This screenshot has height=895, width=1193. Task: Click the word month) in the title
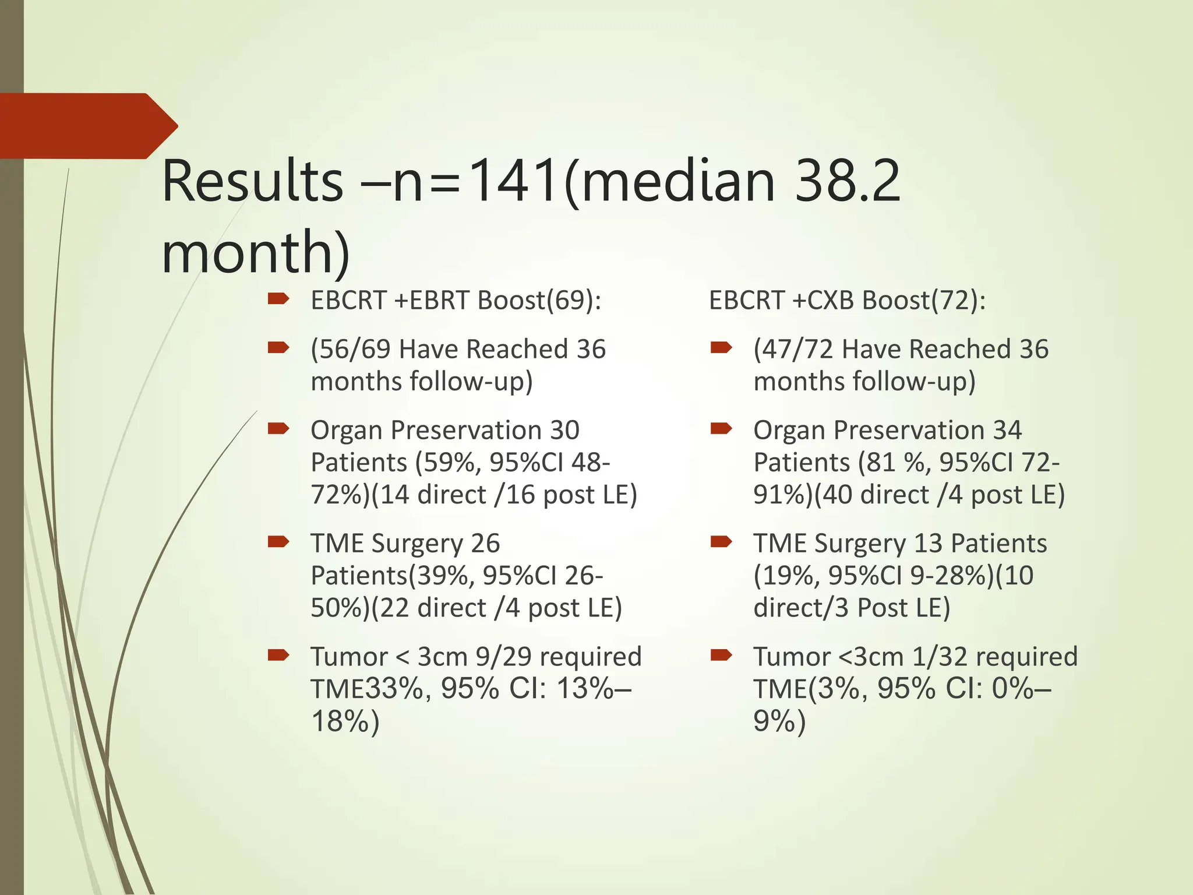(x=256, y=252)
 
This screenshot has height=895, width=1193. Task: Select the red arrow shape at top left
(x=87, y=126)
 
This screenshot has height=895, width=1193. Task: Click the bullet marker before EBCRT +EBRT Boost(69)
(x=278, y=299)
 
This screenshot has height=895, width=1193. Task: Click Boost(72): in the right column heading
(x=924, y=301)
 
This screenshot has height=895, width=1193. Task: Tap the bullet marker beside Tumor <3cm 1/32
(x=721, y=656)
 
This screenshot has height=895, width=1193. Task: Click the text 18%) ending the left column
(x=345, y=721)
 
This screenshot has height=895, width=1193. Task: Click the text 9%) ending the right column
(x=779, y=721)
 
